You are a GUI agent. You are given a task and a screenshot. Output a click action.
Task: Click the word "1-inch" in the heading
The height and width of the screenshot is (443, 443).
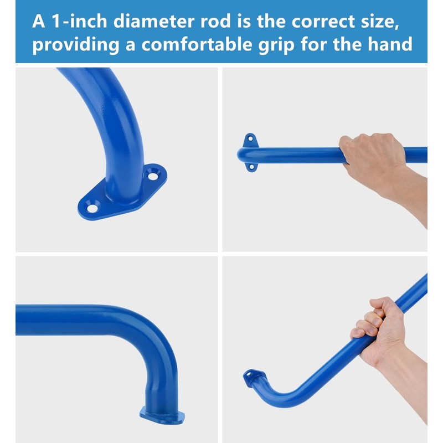79,21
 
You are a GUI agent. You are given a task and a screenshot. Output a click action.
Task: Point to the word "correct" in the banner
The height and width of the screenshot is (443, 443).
323,22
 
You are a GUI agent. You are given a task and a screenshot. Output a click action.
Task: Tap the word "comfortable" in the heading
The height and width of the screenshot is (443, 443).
197,44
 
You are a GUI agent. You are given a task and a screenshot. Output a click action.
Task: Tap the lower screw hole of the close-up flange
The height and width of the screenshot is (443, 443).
92,208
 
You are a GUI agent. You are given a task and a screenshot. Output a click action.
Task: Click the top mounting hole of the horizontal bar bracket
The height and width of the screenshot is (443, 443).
250,139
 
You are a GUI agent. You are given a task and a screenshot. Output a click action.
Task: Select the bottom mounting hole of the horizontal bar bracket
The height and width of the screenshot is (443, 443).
251,167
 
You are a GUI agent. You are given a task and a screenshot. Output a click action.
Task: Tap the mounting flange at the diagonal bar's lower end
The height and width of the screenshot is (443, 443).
254,378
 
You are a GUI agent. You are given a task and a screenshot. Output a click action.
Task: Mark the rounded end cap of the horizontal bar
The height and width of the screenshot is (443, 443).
241,156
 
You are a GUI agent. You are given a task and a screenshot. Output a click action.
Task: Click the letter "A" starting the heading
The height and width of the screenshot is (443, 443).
39,21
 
